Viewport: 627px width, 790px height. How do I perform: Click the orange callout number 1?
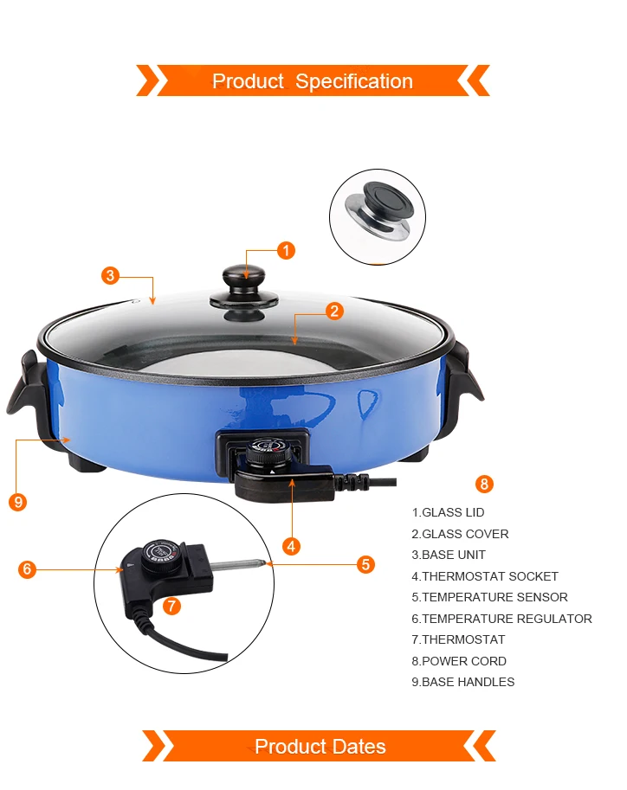tap(286, 250)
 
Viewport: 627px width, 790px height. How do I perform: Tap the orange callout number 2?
tap(334, 311)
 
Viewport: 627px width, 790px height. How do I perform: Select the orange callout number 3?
tap(111, 276)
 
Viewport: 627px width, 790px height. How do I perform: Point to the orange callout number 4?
tap(291, 546)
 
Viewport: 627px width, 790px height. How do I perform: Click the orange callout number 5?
tap(365, 564)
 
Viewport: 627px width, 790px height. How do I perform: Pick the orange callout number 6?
tap(27, 569)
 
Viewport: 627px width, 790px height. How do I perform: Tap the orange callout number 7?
tap(172, 605)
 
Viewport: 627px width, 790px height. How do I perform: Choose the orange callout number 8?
tap(484, 485)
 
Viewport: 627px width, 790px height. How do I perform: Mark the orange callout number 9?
tap(18, 502)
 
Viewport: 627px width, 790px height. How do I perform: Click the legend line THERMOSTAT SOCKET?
tap(485, 576)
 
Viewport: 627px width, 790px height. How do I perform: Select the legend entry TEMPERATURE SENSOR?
tap(490, 597)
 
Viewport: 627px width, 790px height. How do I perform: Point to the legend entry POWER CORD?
tap(459, 660)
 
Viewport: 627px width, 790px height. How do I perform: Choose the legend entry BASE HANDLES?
tap(463, 682)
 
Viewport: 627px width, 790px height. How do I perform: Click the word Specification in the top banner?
tap(354, 81)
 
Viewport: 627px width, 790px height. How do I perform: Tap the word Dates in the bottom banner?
tap(359, 746)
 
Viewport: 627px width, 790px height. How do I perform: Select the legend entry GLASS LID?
tap(448, 512)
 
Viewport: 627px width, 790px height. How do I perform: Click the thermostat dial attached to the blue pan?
tap(268, 452)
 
